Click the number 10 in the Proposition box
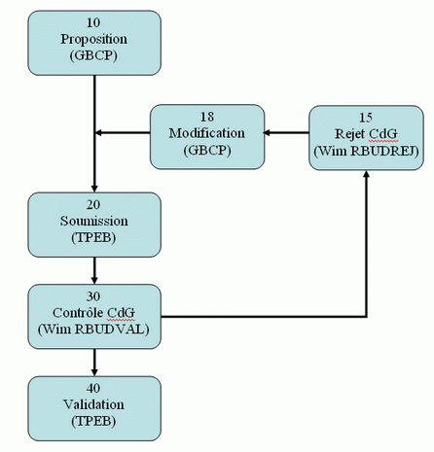(93, 22)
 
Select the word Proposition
(93, 39)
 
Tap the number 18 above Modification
(207, 117)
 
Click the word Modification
(207, 133)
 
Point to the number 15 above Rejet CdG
(366, 118)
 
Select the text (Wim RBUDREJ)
(366, 151)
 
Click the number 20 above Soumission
(93, 204)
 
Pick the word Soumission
(93, 221)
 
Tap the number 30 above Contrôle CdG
(93, 296)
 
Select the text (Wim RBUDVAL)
(93, 330)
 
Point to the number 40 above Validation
(93, 388)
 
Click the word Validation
(93, 404)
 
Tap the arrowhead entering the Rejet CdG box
(367, 174)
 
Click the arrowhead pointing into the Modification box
(268, 132)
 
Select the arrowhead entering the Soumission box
(94, 189)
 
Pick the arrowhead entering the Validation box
(94, 372)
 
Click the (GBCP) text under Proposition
(93, 55)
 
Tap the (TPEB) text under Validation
(93, 421)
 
